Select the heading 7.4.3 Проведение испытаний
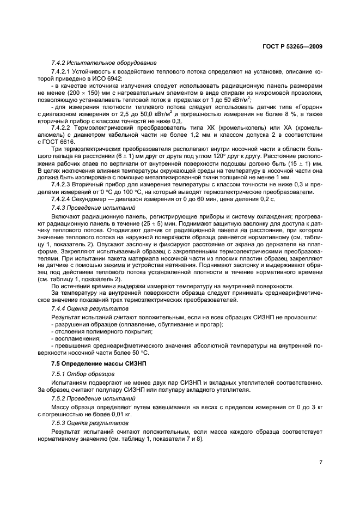(93, 208)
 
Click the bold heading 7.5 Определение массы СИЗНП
(94, 362)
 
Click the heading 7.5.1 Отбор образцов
(83, 374)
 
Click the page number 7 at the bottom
(321, 462)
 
